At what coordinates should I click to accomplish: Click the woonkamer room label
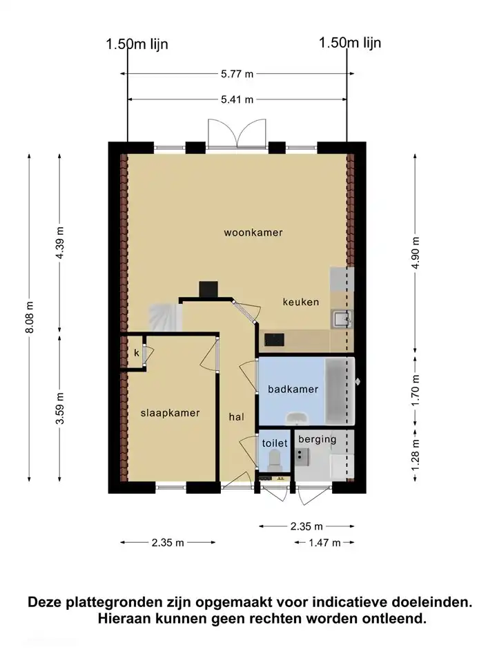pyautogui.click(x=253, y=233)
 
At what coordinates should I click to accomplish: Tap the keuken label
pyautogui.click(x=301, y=302)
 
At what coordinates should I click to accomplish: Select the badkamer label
pyautogui.click(x=293, y=390)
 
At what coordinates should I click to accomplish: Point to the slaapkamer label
pyautogui.click(x=170, y=413)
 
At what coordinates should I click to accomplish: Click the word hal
pyautogui.click(x=237, y=416)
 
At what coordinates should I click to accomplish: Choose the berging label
pyautogui.click(x=318, y=439)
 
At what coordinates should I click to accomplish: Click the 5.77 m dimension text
pyautogui.click(x=238, y=73)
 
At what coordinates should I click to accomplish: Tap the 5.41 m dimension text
pyautogui.click(x=238, y=99)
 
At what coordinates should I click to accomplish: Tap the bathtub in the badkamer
pyautogui.click(x=340, y=392)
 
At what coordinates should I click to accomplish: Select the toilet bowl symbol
pyautogui.click(x=275, y=459)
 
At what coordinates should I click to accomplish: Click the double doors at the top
pyautogui.click(x=237, y=133)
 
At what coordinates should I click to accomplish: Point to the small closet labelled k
pyautogui.click(x=137, y=353)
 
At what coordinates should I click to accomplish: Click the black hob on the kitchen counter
pyautogui.click(x=274, y=339)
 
